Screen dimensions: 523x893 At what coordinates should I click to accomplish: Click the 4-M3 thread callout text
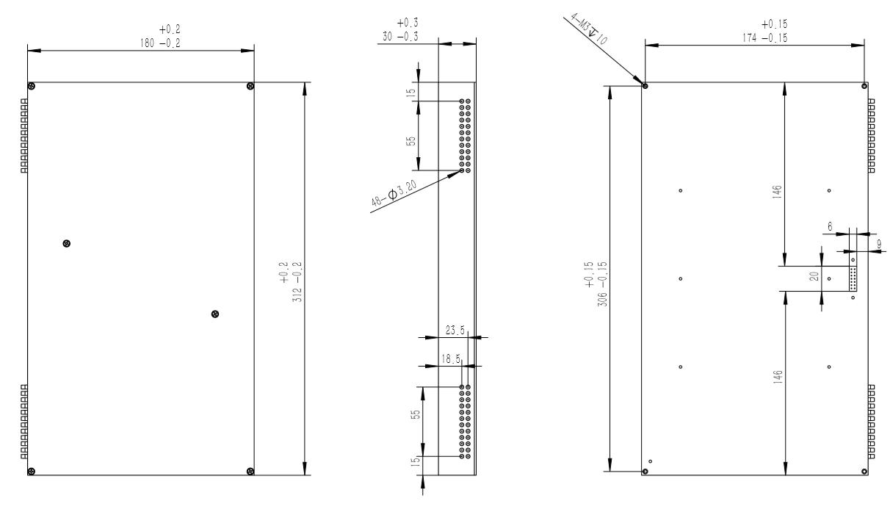(589, 26)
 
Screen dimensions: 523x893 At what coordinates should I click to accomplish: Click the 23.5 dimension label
(456, 331)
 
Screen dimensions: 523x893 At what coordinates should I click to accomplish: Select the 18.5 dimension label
(451, 358)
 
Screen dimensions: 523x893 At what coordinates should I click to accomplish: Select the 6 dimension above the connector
(830, 228)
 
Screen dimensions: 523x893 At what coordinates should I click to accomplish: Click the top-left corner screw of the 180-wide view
(32, 87)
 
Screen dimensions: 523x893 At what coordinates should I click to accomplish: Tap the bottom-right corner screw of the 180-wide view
(250, 471)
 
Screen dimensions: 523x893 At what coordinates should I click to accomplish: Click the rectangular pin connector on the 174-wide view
(853, 279)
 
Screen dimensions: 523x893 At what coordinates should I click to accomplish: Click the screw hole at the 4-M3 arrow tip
(645, 86)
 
